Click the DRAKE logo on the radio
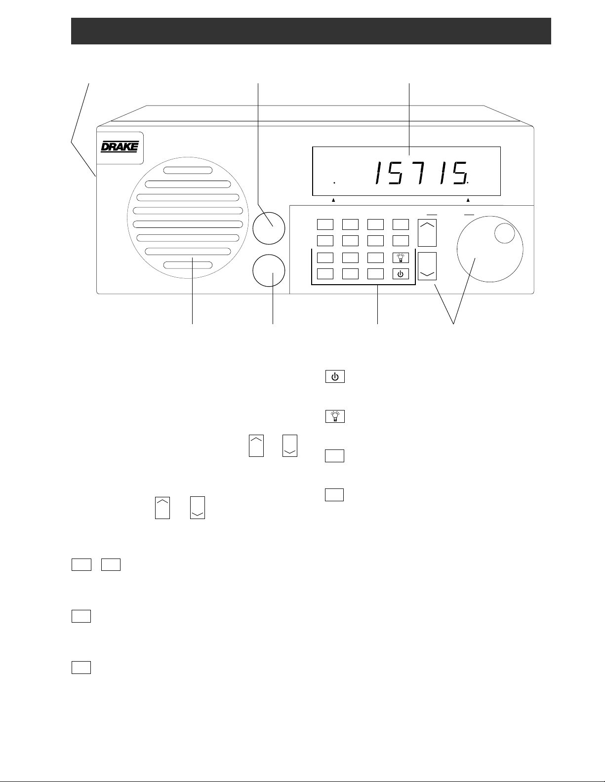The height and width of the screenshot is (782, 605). tap(120, 147)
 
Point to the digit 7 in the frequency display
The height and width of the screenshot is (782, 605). tap(421, 174)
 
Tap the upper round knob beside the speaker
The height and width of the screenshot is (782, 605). tap(269, 228)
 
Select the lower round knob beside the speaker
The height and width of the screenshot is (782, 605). tap(269, 271)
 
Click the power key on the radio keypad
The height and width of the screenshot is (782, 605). tap(401, 274)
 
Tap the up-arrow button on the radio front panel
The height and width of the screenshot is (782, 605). tap(427, 233)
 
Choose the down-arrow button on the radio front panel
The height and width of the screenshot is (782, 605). tap(427, 266)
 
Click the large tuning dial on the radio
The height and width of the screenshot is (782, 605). tap(490, 249)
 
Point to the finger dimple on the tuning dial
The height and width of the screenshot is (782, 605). tap(505, 233)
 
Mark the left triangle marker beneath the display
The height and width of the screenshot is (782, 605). tap(333, 200)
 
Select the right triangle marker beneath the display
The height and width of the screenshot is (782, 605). tap(468, 200)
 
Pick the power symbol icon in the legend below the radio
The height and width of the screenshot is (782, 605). tap(335, 376)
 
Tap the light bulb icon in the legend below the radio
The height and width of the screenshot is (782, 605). tap(335, 416)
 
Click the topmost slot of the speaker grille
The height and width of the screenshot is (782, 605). tap(188, 170)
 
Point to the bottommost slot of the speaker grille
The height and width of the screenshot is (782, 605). tap(188, 265)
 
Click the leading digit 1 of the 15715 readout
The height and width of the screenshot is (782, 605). tap(378, 174)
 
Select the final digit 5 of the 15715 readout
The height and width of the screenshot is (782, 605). tap(460, 174)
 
